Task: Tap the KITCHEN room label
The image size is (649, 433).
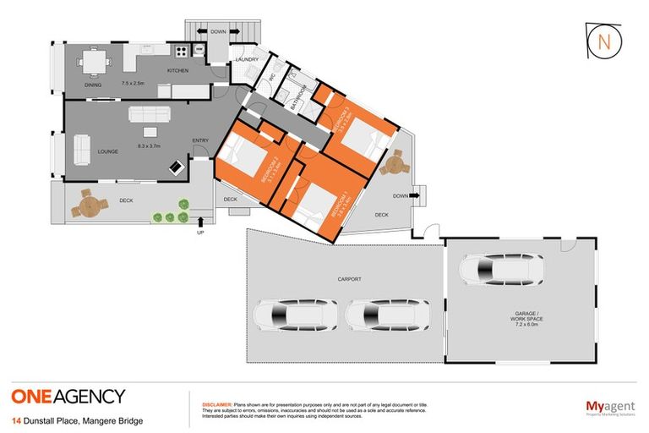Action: [177, 70]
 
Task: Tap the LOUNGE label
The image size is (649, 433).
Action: [106, 151]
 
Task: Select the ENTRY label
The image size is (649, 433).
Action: [200, 140]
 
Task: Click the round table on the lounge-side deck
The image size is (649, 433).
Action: [85, 205]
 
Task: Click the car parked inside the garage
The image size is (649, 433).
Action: [501, 270]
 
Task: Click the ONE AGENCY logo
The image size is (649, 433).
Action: [68, 396]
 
